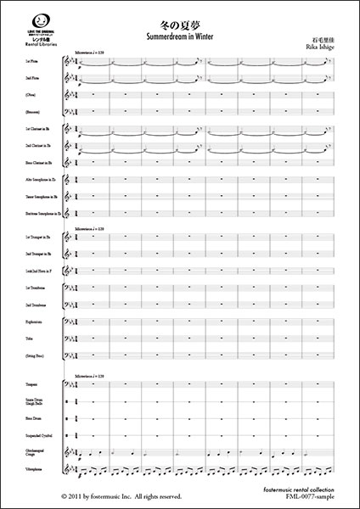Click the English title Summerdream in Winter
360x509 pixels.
coord(180,37)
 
